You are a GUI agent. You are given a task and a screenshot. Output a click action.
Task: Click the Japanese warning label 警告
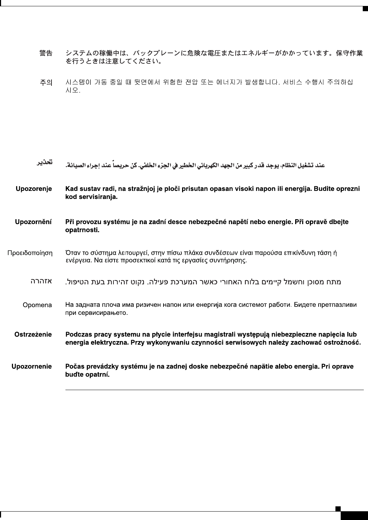click(46, 53)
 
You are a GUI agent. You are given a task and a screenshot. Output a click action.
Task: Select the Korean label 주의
click(46, 83)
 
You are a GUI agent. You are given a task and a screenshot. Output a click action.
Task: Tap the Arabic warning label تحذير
click(46, 162)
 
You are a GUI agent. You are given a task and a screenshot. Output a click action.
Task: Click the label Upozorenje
click(34, 189)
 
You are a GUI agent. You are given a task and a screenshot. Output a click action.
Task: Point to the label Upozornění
click(33, 222)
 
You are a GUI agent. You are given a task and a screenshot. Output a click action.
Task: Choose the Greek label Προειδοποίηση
click(30, 252)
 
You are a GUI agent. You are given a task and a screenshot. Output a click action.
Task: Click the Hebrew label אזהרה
click(42, 281)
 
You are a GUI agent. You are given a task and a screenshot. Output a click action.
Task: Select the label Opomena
click(37, 305)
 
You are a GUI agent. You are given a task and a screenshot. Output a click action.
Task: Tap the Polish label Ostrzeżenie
click(33, 334)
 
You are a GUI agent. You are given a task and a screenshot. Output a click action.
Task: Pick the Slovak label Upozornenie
click(32, 367)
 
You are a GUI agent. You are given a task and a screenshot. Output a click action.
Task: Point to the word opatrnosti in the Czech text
click(82, 230)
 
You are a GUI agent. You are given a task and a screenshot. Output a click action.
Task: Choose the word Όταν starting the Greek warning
click(72, 252)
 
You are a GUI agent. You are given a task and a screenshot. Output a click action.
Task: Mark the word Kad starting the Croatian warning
click(71, 189)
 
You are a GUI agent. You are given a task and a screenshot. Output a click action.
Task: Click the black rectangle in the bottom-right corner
click(354, 515)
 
